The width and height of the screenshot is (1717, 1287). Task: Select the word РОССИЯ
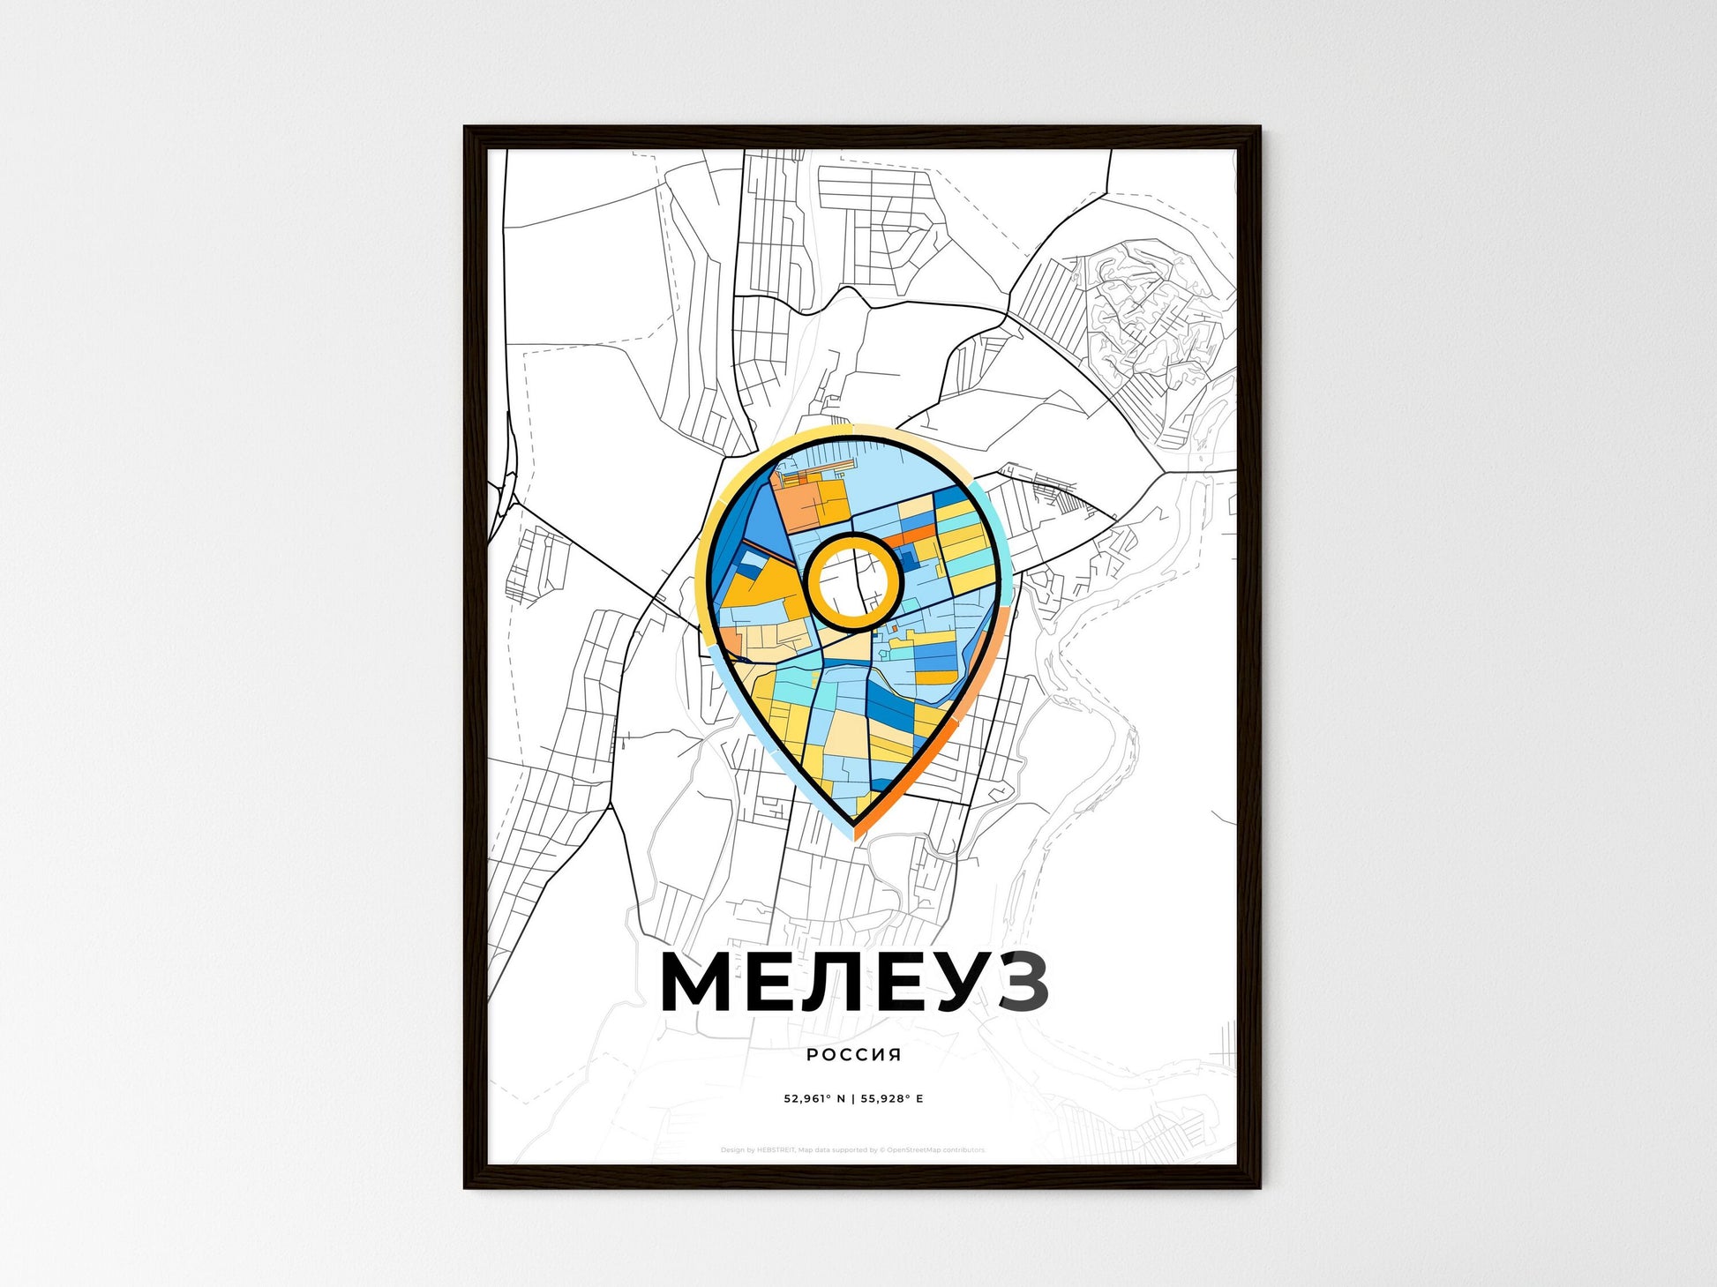[853, 1055]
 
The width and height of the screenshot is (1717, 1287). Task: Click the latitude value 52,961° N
[814, 1099]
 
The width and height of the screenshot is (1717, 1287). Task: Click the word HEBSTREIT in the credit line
[776, 1150]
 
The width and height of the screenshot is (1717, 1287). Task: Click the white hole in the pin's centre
[852, 581]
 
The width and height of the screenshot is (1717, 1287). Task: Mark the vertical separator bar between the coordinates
[853, 1099]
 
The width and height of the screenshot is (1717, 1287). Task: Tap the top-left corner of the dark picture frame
[467, 129]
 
